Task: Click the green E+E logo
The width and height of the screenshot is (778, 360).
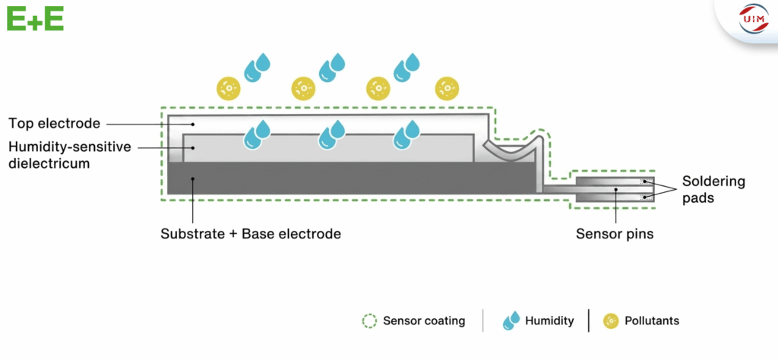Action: click(x=36, y=18)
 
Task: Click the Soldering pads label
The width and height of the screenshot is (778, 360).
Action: click(x=713, y=190)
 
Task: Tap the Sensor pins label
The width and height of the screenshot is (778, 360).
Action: click(x=615, y=234)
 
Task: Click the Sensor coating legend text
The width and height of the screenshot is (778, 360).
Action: click(x=424, y=321)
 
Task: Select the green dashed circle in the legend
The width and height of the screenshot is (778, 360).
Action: click(x=369, y=321)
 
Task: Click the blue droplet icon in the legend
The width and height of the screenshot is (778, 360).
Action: click(x=511, y=321)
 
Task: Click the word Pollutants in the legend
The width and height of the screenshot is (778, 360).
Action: click(x=650, y=321)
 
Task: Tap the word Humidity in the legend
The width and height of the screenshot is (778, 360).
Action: click(x=549, y=321)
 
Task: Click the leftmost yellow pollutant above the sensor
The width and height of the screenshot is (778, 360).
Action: click(x=227, y=88)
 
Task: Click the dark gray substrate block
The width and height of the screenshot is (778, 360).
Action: click(x=349, y=177)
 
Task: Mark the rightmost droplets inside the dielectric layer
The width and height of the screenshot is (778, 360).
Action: click(x=406, y=134)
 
